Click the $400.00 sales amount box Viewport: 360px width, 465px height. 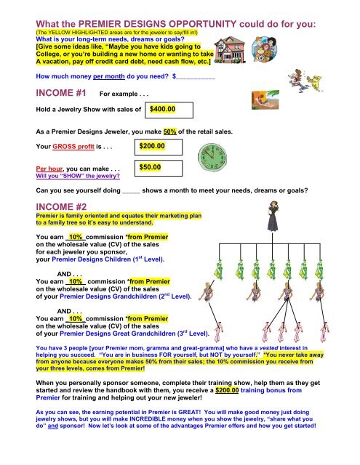tap(169, 110)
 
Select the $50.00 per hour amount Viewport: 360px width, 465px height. tap(150, 167)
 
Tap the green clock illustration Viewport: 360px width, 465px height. tap(212, 157)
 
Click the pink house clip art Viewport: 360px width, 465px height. tap(230, 50)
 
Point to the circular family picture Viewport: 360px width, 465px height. tap(264, 49)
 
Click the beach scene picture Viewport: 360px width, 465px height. tap(265, 100)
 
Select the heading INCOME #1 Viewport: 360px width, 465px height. tap(61, 93)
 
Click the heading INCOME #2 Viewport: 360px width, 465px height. tap(61, 206)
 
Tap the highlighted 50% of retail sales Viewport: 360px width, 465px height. tap(169, 132)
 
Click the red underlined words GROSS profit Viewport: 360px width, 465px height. tap(73, 147)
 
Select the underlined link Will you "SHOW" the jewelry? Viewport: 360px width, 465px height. tap(78, 176)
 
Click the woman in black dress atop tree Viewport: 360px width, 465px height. tap(273, 217)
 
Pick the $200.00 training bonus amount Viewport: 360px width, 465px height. tap(227, 390)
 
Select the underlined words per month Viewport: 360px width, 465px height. tap(109, 76)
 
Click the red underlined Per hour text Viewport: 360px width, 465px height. tap(49, 169)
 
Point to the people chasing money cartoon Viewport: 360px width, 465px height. tap(305, 81)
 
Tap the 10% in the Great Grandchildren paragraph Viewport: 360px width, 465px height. tap(76, 319)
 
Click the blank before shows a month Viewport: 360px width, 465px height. tap(131, 193)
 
